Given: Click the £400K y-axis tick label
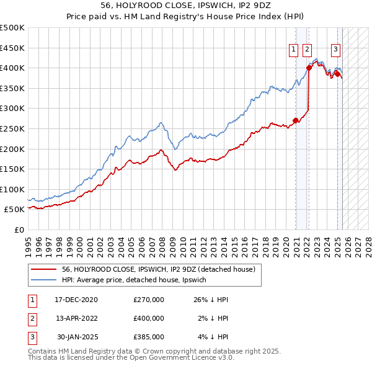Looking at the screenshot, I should coord(12,68).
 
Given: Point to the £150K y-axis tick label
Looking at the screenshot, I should coord(12,169).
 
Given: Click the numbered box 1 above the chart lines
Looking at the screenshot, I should coord(293,51).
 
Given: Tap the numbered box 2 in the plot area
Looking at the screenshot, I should coord(308,51).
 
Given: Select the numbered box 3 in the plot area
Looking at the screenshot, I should coord(335,51).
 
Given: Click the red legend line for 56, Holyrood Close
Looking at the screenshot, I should coord(44,269).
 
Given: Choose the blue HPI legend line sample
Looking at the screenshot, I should coord(44,280).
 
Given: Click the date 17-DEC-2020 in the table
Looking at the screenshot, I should coord(76,300).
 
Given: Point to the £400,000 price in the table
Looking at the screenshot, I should coord(149,318).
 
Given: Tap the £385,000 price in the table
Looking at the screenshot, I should coord(149,337).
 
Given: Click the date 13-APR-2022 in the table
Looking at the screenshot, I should coord(76,318).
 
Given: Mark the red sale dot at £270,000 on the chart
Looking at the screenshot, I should coord(296,121).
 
